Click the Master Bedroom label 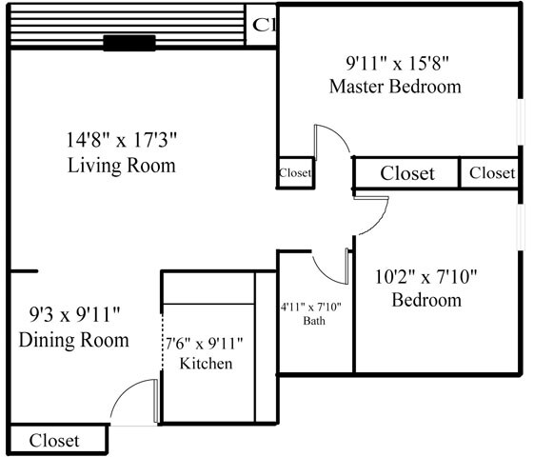(x=395, y=87)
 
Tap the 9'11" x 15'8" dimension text (x=395, y=64)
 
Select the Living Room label (x=122, y=166)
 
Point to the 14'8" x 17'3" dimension (x=122, y=142)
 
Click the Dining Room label (x=73, y=340)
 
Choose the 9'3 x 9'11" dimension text (x=73, y=314)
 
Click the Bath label (x=314, y=322)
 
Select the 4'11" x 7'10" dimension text (x=316, y=307)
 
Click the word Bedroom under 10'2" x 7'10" (x=426, y=301)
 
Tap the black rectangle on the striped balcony (x=129, y=42)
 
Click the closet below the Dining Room (x=54, y=441)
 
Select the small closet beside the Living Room (x=295, y=173)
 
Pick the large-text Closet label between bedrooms (x=407, y=173)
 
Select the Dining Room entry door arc (x=133, y=400)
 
